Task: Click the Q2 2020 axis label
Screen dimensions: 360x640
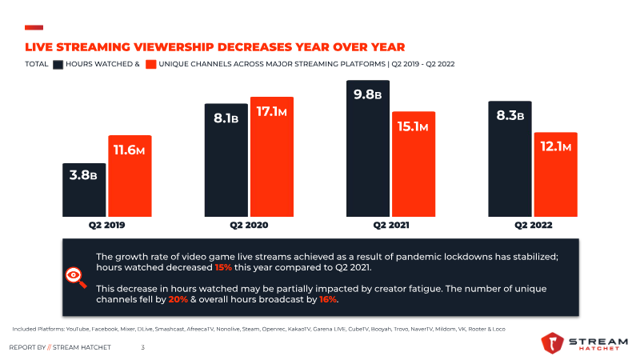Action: pos(249,226)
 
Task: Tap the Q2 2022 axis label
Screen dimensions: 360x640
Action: pos(533,226)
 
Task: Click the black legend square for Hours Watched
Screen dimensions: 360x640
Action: pos(58,64)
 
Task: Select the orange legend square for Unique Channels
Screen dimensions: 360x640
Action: pos(150,64)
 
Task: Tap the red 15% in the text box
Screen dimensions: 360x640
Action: pos(224,267)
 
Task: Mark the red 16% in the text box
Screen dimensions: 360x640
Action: pos(329,298)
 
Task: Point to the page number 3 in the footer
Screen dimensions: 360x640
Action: pos(142,347)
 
